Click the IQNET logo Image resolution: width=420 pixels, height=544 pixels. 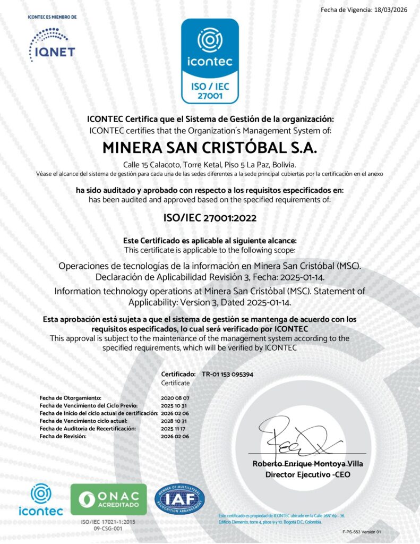(x=52, y=45)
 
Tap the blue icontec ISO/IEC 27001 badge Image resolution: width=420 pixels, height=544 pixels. (x=210, y=61)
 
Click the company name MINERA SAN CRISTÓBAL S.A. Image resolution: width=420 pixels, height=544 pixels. (x=210, y=147)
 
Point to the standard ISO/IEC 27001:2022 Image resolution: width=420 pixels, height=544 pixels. (x=210, y=217)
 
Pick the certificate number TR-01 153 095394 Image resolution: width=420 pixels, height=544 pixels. (x=227, y=374)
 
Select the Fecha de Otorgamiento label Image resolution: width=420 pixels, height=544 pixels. (x=70, y=397)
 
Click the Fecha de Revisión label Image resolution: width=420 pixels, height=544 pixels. (x=63, y=436)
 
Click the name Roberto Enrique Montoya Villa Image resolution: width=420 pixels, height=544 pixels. (x=307, y=464)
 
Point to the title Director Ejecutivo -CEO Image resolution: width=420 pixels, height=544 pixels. (x=307, y=474)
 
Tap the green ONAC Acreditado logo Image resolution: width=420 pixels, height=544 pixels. (x=109, y=499)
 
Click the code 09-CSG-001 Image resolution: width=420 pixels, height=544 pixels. (x=108, y=529)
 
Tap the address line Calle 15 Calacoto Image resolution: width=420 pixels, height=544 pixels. (x=210, y=165)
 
